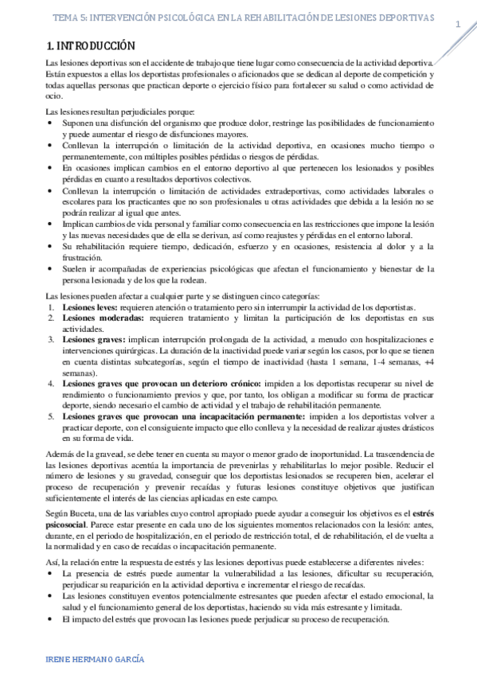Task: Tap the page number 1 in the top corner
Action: coord(458,25)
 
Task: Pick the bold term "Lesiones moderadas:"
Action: coord(104,318)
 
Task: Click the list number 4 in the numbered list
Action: coord(52,384)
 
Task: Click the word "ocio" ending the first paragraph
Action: coord(53,96)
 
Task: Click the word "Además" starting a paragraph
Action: coord(63,454)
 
